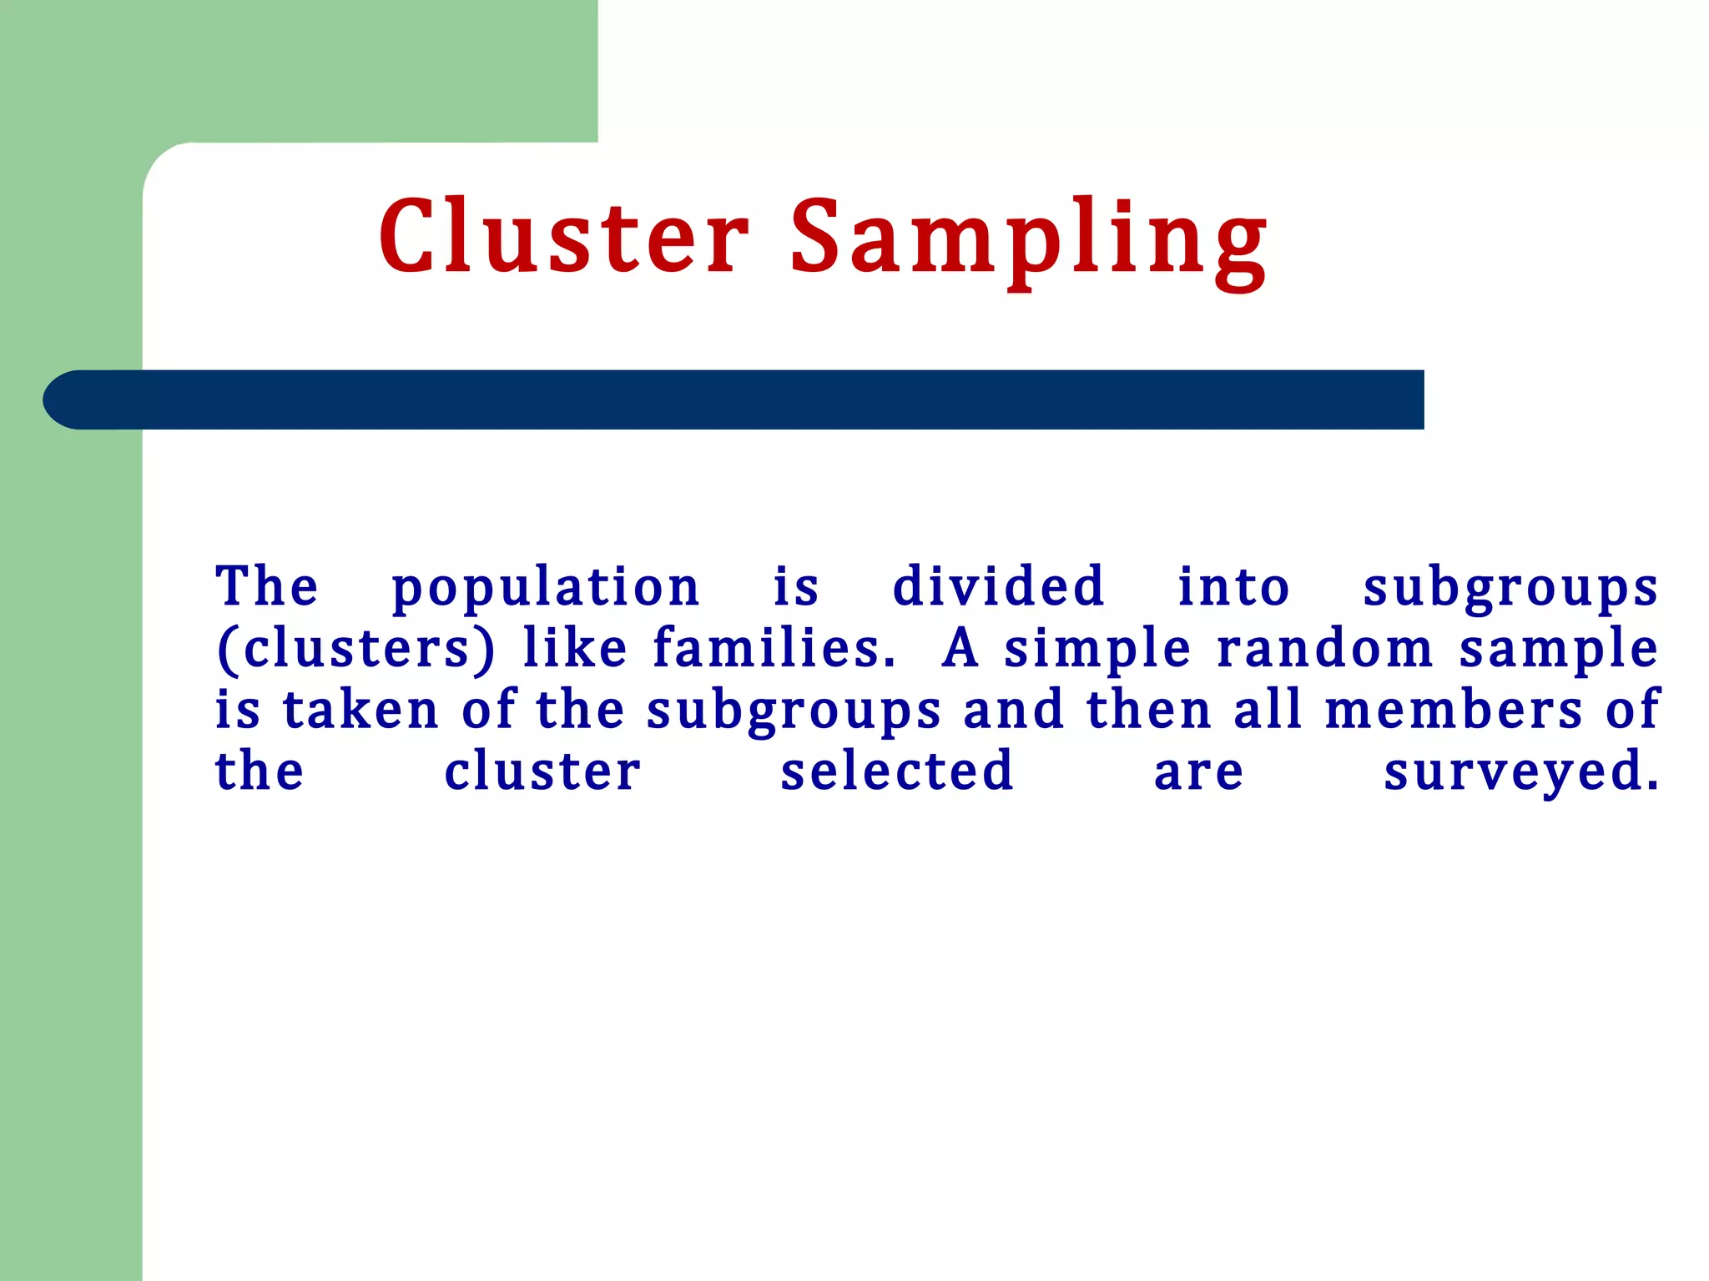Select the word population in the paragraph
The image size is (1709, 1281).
pos(545,588)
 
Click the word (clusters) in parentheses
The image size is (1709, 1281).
pos(355,649)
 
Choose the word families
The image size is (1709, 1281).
pos(774,648)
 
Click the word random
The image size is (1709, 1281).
pos(1324,648)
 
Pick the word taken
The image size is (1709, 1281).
pos(360,710)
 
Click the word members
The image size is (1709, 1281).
pos(1453,710)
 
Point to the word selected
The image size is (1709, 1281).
pos(897,771)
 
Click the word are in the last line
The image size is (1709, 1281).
pos(1198,772)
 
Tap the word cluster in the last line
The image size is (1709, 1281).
pos(542,771)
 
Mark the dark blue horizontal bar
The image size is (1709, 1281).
pos(734,399)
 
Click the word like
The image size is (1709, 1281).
pos(574,648)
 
